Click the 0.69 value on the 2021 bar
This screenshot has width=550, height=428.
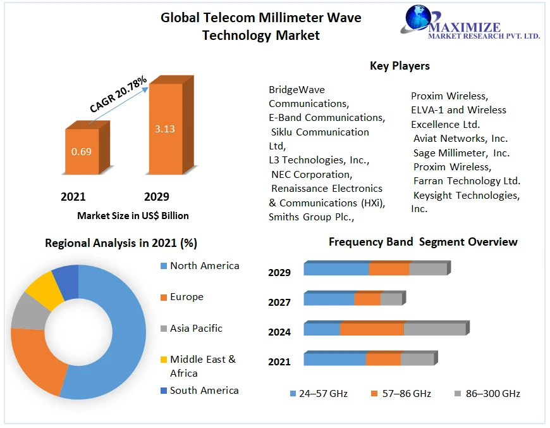81,152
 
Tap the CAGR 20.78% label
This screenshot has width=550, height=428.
118,94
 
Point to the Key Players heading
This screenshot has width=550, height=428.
400,66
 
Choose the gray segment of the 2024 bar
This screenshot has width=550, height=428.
434,329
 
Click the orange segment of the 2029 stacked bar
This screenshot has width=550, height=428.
389,269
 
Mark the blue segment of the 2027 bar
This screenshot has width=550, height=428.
329,299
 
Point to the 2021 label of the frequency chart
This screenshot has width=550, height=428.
279,362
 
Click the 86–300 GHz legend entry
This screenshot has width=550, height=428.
487,394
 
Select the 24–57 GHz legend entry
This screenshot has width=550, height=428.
319,394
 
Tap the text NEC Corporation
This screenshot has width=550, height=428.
311,174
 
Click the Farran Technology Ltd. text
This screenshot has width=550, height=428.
467,181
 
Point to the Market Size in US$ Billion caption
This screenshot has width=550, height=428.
133,216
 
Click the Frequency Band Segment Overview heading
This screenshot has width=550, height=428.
423,242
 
